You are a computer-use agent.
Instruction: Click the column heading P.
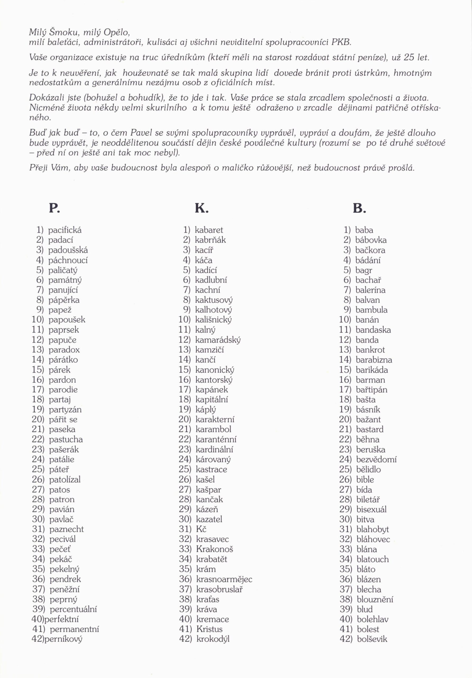tap(54, 208)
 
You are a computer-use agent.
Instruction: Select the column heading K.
tap(202, 208)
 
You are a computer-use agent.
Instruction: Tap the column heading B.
tap(359, 208)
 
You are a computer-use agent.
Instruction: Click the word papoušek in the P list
tap(67, 320)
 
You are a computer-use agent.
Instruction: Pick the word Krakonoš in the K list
tap(215, 549)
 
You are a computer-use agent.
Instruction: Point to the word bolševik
tap(372, 639)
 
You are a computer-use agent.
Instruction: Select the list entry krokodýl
tap(213, 639)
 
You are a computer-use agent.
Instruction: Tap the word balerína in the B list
tap(370, 290)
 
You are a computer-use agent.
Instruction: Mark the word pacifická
tap(65, 230)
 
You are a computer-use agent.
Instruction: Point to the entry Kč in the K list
tap(201, 529)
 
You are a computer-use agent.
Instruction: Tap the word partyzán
tap(65, 409)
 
